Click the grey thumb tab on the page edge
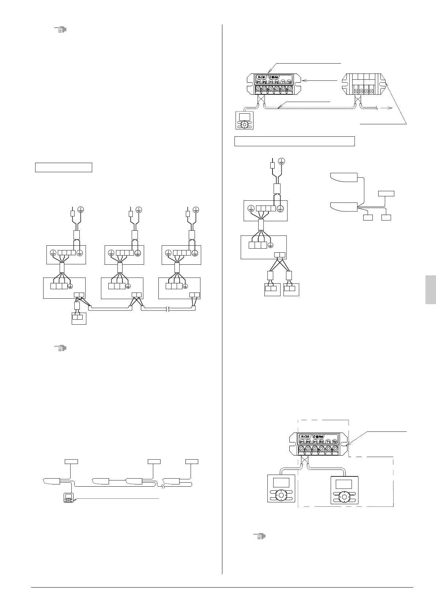(431, 290)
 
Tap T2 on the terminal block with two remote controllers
(335, 442)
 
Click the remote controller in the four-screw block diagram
(244, 120)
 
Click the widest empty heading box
(294, 141)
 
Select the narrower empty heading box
(63, 167)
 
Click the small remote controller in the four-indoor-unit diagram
(68, 497)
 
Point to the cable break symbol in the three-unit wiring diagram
(167, 309)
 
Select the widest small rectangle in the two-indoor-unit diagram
(386, 193)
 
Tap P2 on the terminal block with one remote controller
(264, 82)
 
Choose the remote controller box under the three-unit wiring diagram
(79, 318)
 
